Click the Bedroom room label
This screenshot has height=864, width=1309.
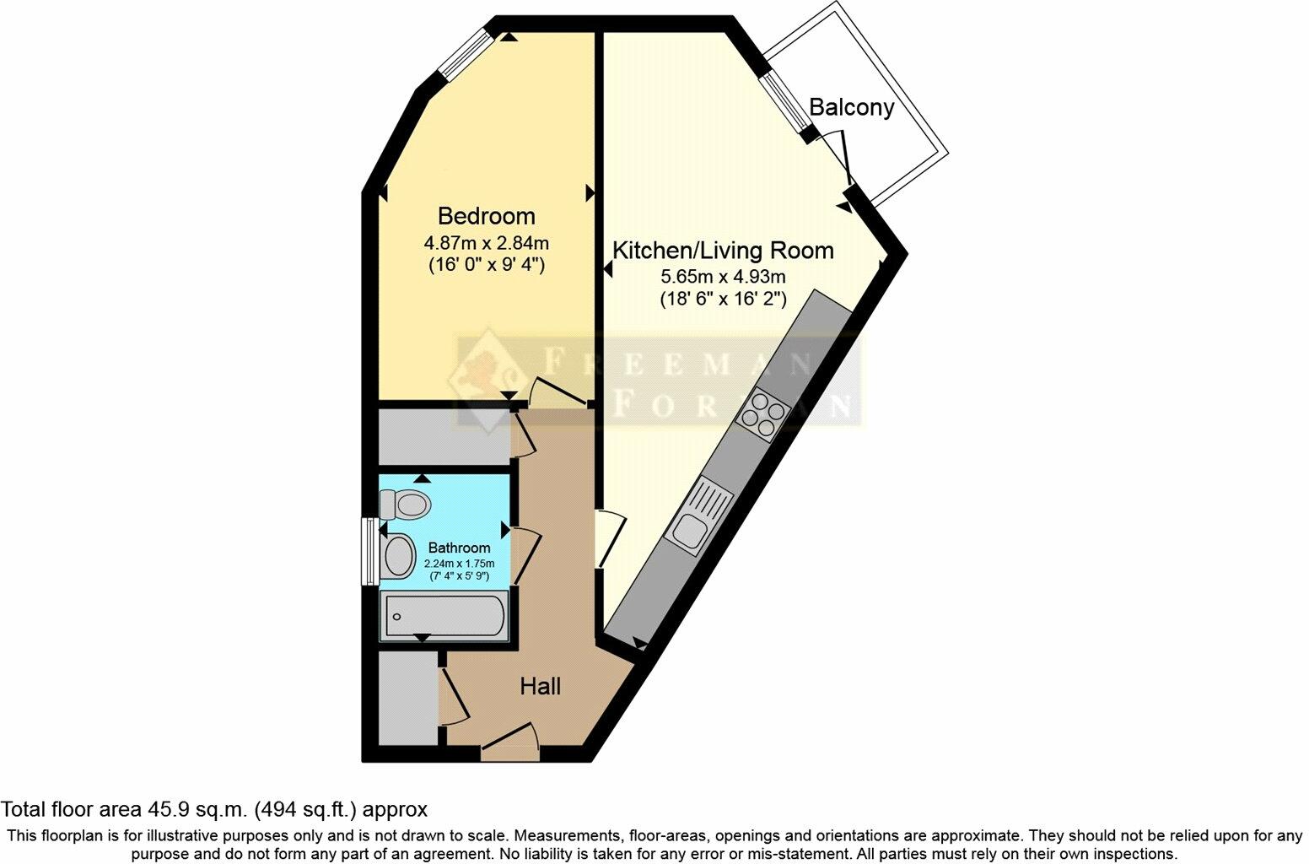point(486,216)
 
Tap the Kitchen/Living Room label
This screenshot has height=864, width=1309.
point(722,251)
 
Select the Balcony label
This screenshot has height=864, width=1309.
point(850,108)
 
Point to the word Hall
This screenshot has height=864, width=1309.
point(540,687)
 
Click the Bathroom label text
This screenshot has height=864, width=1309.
point(459,548)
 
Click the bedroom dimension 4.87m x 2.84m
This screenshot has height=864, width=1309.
point(486,244)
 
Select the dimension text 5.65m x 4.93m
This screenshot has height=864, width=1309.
point(723,277)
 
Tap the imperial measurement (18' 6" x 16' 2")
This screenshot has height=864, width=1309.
point(723,299)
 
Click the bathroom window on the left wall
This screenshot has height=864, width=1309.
point(369,550)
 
